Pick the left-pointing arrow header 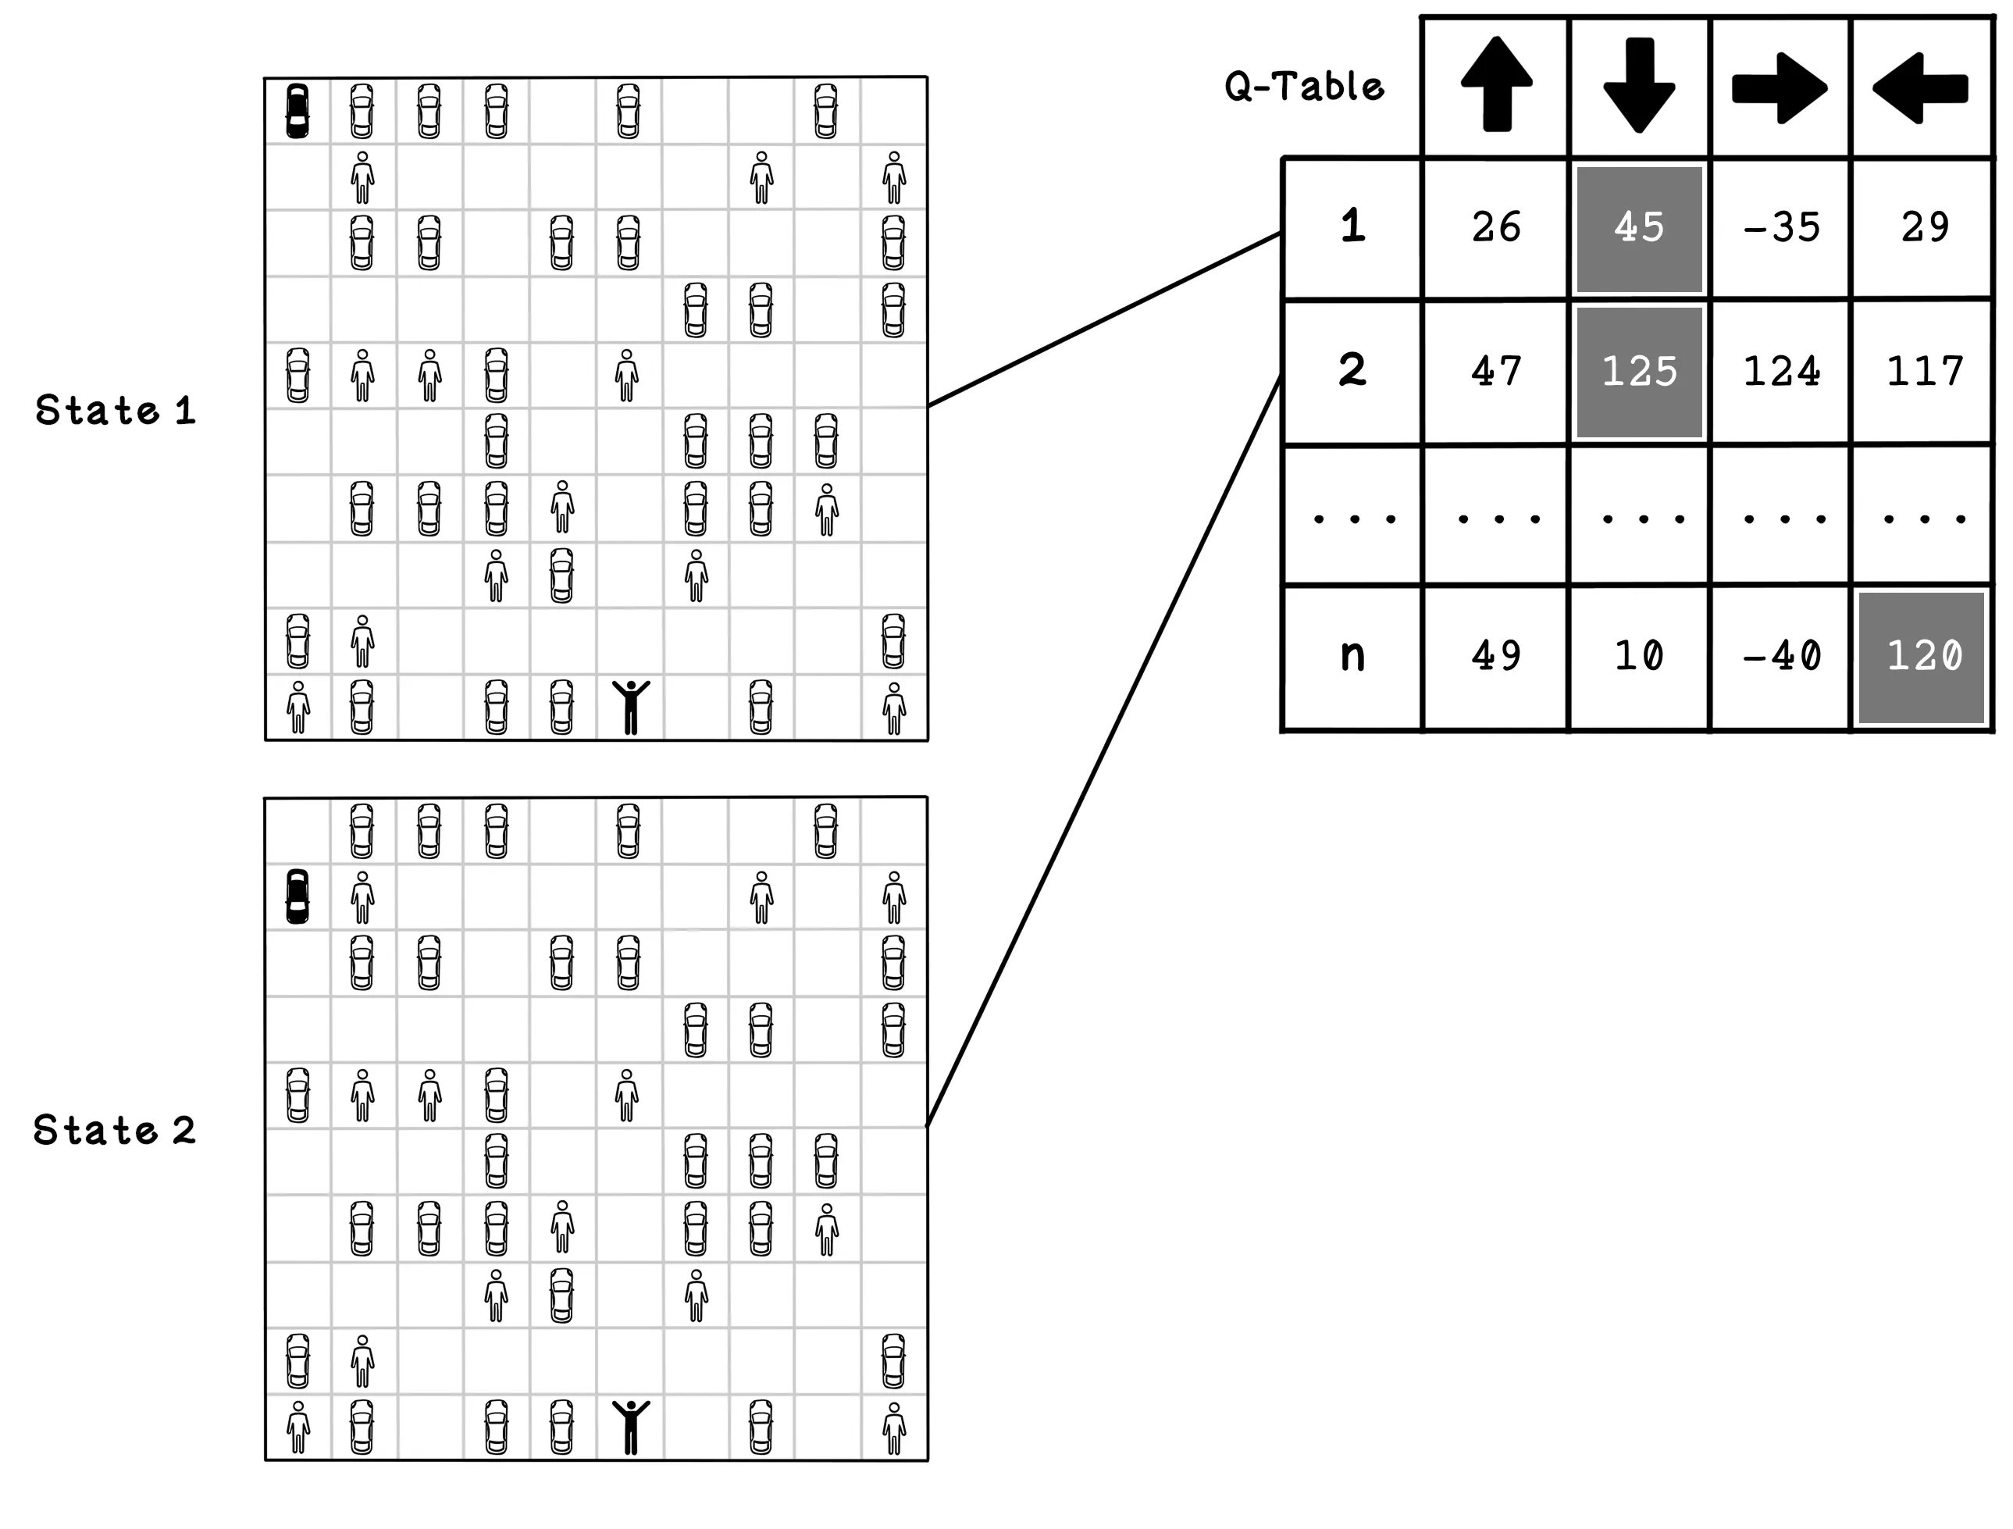(x=1920, y=88)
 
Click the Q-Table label (x=1303, y=87)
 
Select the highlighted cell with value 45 (x=1639, y=227)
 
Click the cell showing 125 (x=1639, y=372)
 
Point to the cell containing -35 (x=1781, y=227)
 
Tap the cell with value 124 (x=1781, y=372)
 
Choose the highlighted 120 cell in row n (x=1922, y=656)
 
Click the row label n (x=1352, y=655)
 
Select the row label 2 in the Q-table (x=1352, y=370)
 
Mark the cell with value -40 (x=1781, y=656)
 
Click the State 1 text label (x=116, y=411)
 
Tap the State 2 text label (x=115, y=1131)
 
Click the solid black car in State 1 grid (x=297, y=111)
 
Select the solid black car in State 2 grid (x=297, y=896)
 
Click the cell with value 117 (x=1924, y=372)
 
